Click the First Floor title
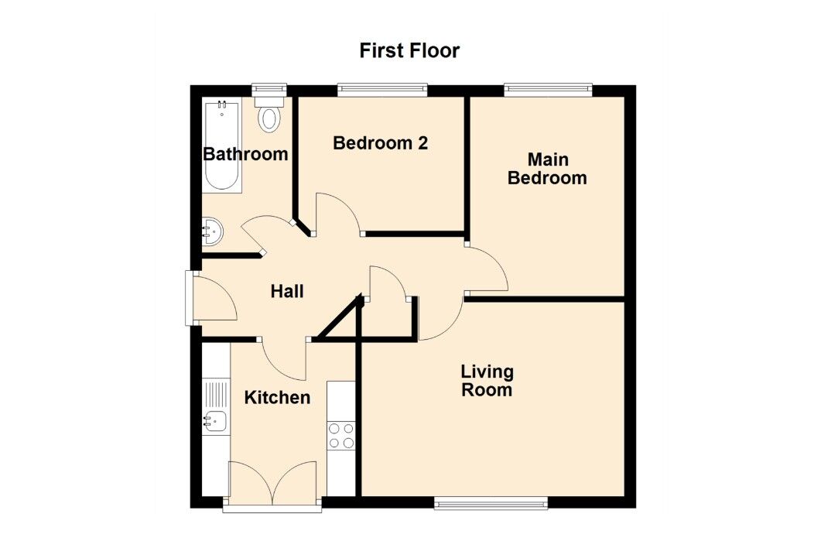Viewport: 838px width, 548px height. tap(409, 51)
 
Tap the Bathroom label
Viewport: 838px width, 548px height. tap(245, 154)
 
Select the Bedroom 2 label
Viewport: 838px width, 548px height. tap(380, 143)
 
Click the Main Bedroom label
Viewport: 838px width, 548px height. tap(547, 169)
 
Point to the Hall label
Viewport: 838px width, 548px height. tap(287, 292)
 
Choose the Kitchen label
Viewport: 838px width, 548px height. tap(277, 398)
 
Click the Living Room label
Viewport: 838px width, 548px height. tap(487, 381)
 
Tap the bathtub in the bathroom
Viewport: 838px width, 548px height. tap(222, 146)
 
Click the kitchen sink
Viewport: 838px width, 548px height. tap(216, 421)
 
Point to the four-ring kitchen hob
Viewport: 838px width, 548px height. tap(341, 435)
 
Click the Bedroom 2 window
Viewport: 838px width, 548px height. tap(382, 91)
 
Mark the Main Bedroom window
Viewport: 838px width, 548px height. tap(549, 91)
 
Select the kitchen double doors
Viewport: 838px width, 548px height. tap(272, 481)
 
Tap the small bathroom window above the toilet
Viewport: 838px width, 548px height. tap(269, 87)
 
